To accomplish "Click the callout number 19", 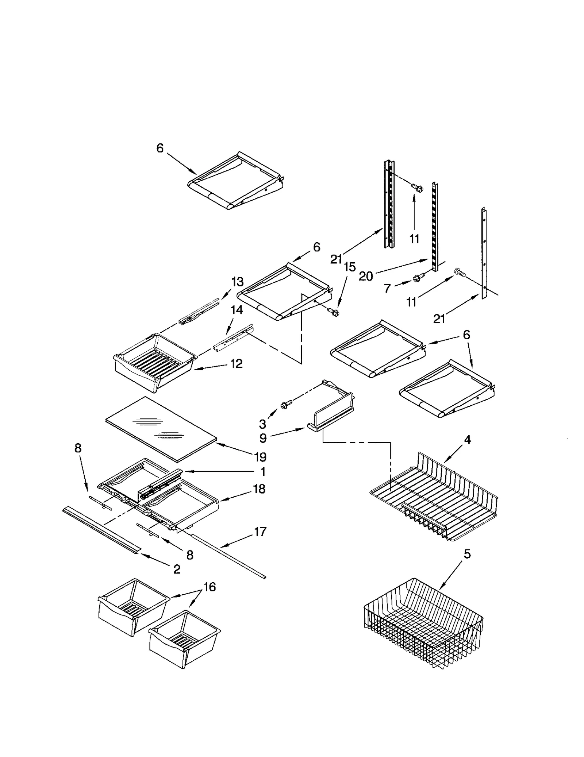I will pos(260,457).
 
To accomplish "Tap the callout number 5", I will pos(467,554).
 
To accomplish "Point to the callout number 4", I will pos(467,440).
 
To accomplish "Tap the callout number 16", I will pos(210,587).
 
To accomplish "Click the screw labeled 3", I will pos(286,404).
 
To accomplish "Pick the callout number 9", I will pos(263,438).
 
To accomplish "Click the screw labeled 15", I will pos(333,312).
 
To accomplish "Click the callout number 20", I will pos(366,276).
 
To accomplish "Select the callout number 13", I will pos(237,282).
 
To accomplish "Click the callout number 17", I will pos(260,532).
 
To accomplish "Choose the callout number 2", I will pos(177,569).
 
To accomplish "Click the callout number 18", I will pos(259,489).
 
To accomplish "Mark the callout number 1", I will pos(263,472).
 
